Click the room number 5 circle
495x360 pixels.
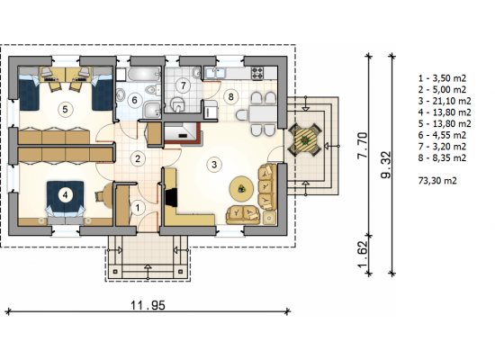pos(65,110)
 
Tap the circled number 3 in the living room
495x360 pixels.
pos(214,165)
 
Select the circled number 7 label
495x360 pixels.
pos(183,85)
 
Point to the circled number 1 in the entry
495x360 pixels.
pos(138,208)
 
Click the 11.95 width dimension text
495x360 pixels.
pos(148,305)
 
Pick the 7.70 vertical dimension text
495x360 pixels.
pos(363,146)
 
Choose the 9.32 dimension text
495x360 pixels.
pos(386,166)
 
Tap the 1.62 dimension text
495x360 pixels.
pos(363,255)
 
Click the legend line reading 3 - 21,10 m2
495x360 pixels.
pos(445,101)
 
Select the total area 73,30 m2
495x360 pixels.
pos(437,181)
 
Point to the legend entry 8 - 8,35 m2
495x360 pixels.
pos(442,157)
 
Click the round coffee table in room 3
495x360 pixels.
pos(241,188)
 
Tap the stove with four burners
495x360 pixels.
pos(257,73)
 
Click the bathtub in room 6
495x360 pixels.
pos(144,75)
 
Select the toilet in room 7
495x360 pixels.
pos(177,103)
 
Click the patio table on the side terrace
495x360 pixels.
pos(305,139)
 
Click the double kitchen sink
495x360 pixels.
pos(215,73)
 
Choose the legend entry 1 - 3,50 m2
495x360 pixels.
pos(442,78)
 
